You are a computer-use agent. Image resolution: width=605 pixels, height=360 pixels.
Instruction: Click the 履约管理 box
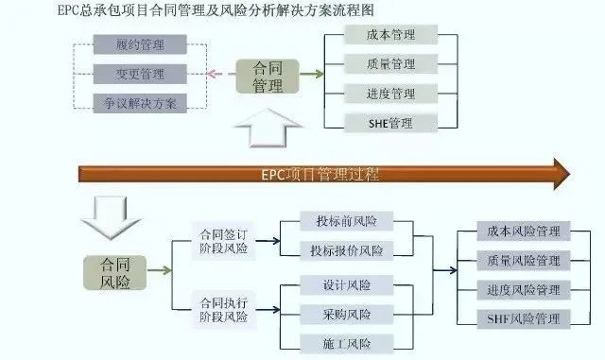coord(140,44)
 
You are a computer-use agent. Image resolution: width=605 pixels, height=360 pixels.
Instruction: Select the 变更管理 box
coord(140,74)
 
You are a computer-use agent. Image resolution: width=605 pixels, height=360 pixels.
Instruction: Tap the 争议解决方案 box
coord(140,102)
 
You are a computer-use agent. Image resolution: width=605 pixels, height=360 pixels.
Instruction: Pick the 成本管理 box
coord(390,35)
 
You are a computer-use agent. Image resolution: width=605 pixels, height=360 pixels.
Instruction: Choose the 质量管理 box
coord(390,64)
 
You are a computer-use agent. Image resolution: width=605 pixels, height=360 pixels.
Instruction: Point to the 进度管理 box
coord(390,93)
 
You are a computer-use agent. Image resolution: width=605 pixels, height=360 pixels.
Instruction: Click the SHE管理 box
coord(390,122)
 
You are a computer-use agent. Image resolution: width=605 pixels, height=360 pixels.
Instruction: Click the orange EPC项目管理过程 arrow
coord(321,174)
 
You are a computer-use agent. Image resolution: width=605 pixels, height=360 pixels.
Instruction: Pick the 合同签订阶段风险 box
coord(223,241)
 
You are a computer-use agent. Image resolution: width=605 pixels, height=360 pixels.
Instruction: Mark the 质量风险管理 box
coord(523,260)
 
